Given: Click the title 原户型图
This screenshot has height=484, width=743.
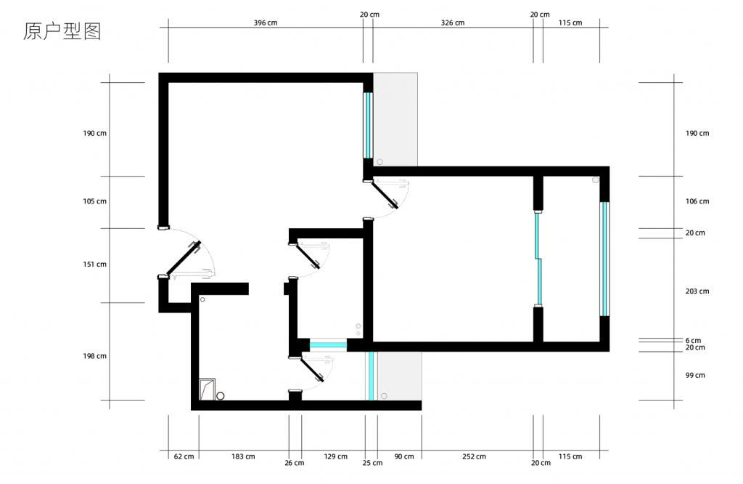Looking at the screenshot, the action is pos(62,31).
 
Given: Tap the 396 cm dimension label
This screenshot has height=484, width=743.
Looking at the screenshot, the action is pos(266,23).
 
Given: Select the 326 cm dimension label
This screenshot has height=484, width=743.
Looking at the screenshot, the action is pos(453,23).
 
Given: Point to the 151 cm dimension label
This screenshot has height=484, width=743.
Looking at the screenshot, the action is pos(95,265).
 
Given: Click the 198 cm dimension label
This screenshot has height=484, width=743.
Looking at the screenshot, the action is pos(95,356).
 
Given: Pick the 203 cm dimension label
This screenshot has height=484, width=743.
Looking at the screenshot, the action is pos(697,291).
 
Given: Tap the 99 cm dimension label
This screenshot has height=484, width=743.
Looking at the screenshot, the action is pos(695,375).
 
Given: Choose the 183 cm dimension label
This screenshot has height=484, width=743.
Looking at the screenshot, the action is pos(243,456).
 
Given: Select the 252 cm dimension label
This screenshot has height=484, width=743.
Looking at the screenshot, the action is pos(474,456).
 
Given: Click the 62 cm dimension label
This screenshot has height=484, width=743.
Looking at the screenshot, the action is pos(184,456).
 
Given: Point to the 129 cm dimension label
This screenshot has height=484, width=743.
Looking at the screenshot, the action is pos(335,456).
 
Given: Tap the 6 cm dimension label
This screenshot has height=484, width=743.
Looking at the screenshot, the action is pos(693,341).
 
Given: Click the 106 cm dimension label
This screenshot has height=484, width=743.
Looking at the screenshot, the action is pos(697,201).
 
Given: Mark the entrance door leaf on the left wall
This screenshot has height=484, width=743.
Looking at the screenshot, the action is pos(183,258).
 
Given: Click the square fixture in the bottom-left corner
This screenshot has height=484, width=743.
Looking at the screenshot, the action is pos(207,389).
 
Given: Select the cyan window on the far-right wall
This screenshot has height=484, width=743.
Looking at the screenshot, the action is pos(604,259).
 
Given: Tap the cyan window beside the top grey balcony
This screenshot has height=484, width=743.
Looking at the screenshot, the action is pos(368,125).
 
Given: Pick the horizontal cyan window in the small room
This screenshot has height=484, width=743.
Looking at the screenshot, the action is pos(328,345).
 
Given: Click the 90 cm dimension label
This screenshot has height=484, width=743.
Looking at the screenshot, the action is pos(403,456).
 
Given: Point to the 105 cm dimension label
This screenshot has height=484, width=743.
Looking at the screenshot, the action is pos(95,201).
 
